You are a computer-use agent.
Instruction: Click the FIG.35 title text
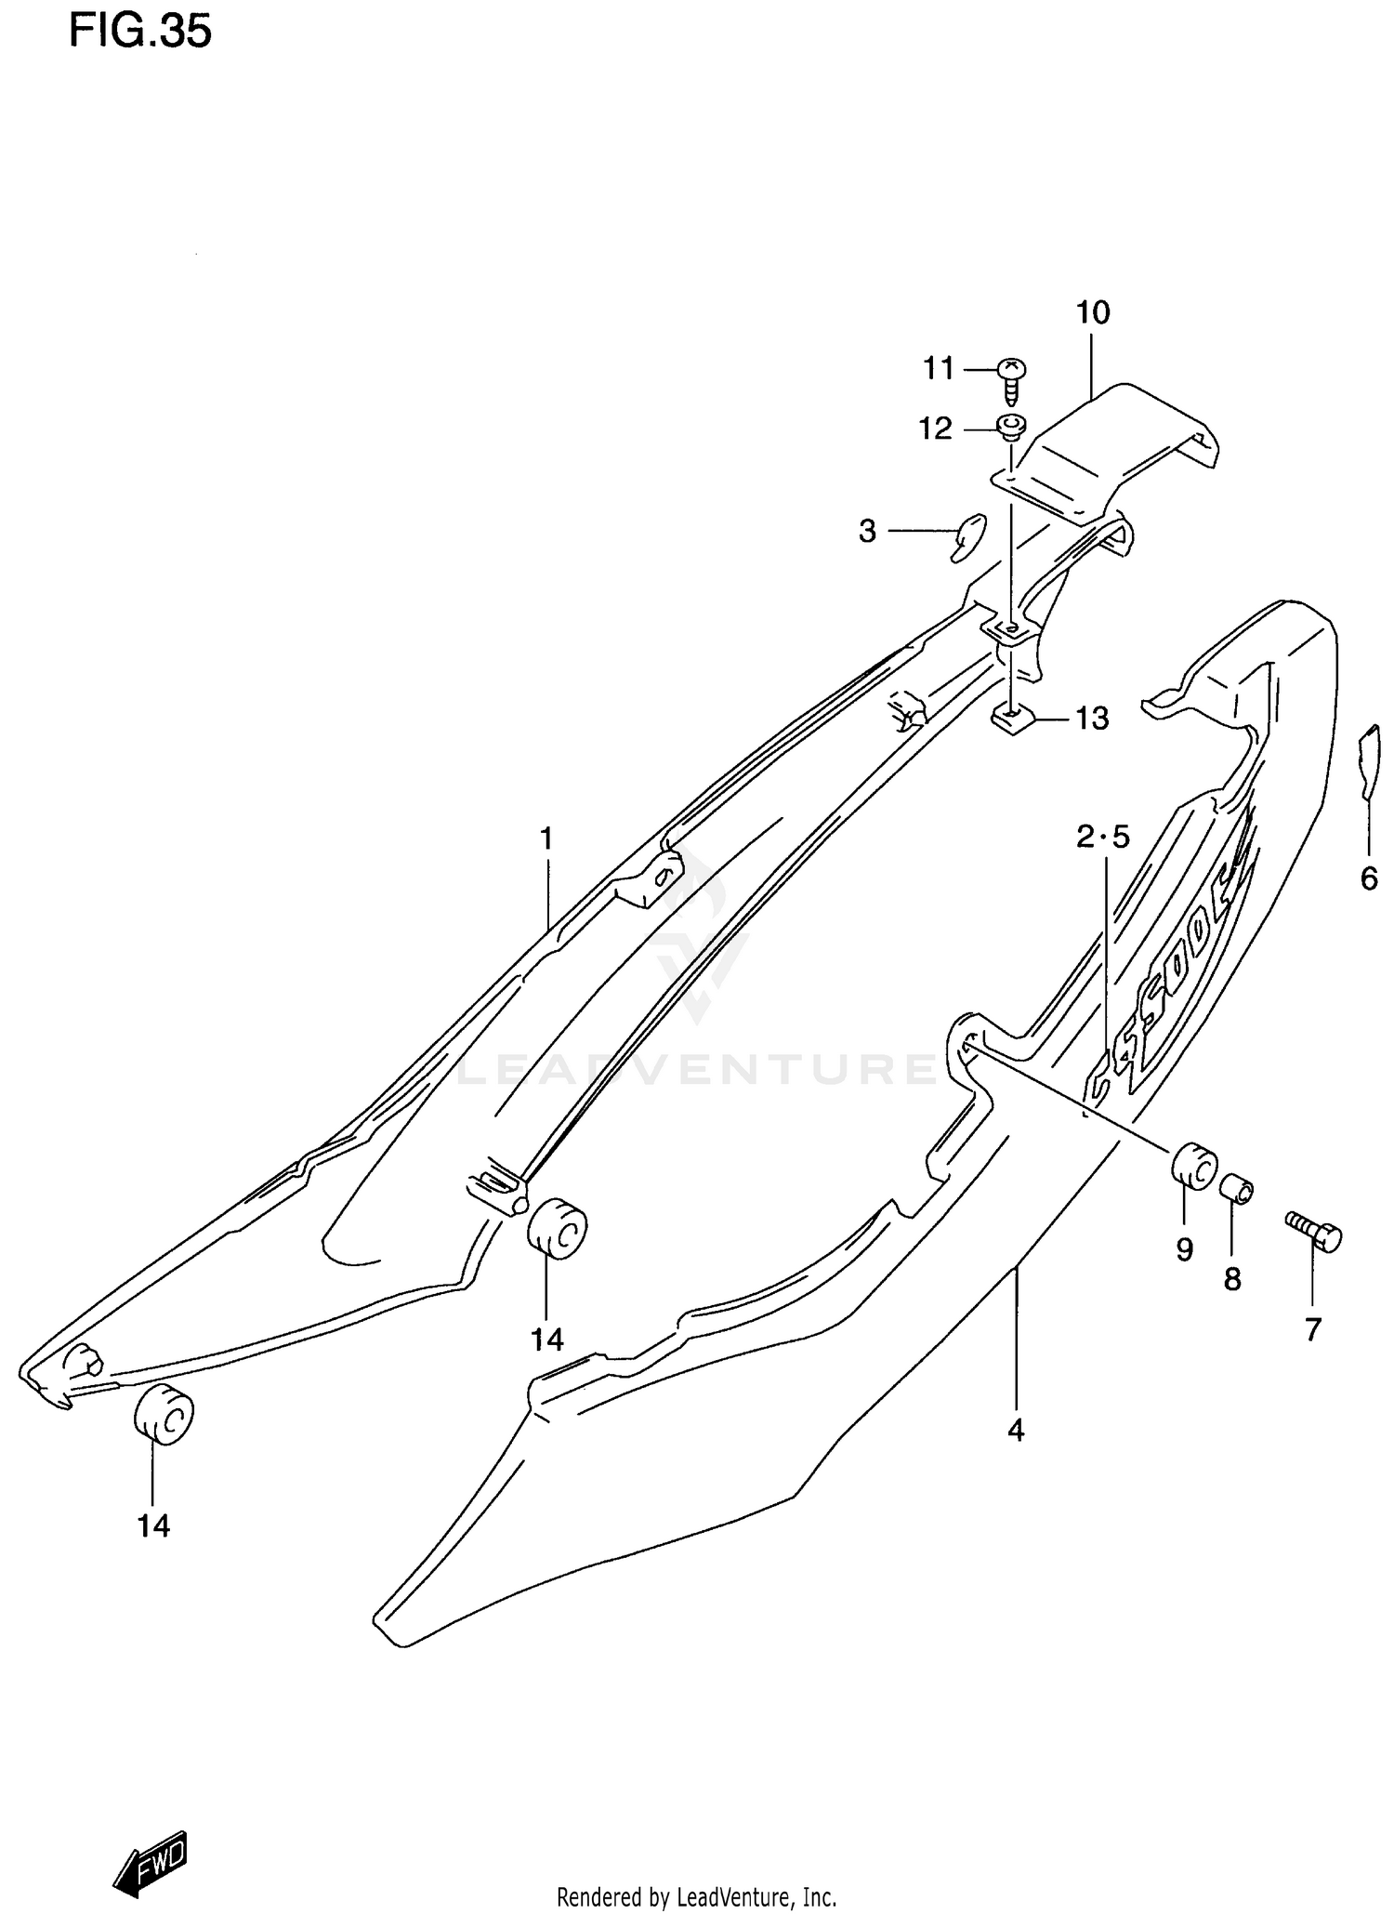[x=140, y=32]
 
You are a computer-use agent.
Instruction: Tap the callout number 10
[x=1093, y=313]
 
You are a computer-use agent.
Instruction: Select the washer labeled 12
[x=1012, y=427]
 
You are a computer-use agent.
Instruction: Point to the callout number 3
[x=867, y=531]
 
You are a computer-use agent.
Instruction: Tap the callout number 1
[x=546, y=838]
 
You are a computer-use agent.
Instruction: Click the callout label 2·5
[x=1103, y=838]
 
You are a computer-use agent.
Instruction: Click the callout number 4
[x=1016, y=1431]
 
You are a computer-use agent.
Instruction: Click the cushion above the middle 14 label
[x=556, y=1229]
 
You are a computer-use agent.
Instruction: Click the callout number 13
[x=1093, y=718]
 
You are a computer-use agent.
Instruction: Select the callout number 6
[x=1369, y=878]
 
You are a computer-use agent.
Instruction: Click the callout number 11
[x=939, y=369]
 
